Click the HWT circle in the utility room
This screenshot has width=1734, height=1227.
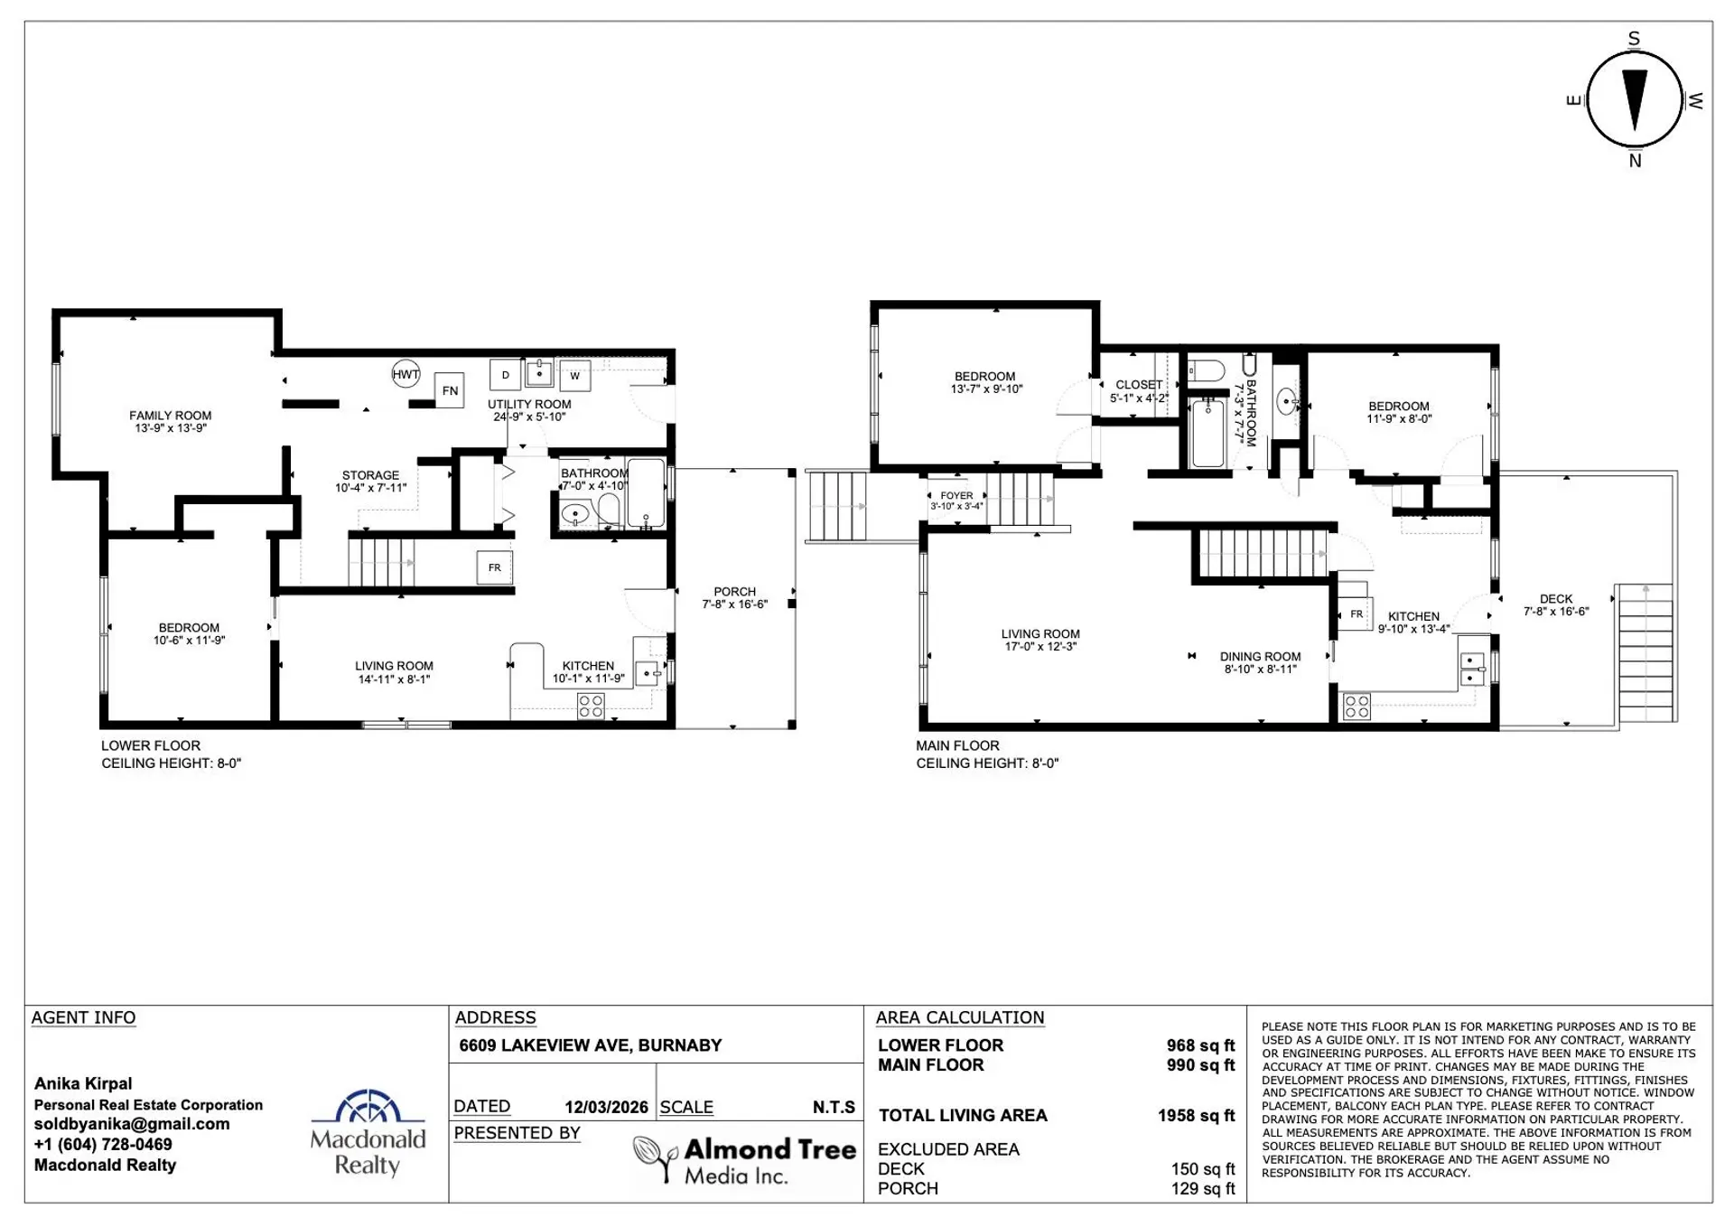coord(406,374)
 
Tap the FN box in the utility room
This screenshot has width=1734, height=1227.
coord(450,390)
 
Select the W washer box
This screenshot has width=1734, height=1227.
coord(575,376)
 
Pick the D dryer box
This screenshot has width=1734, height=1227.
coord(506,375)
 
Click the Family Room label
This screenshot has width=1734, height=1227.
coord(171,422)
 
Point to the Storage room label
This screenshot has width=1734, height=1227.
coord(371,482)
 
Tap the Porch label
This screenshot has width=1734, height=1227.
coord(735,598)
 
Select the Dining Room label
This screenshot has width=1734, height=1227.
coord(1261,663)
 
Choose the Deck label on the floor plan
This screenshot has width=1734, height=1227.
coord(1556,605)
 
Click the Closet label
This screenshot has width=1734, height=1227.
coord(1139,391)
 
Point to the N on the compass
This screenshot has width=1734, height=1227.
coord(1635,161)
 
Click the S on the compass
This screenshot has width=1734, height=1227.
coord(1634,39)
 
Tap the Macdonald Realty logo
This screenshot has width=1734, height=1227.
coord(368,1133)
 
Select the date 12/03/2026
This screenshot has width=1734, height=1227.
coord(606,1108)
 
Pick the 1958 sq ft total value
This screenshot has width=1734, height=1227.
coord(1196,1116)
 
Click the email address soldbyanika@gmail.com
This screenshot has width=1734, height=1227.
coord(132,1124)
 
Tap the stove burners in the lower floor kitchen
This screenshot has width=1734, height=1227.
coord(591,707)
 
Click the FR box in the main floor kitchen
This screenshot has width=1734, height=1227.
coord(1356,614)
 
